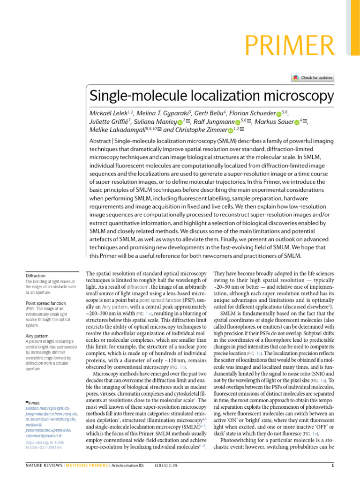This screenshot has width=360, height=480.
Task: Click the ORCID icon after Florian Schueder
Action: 279,114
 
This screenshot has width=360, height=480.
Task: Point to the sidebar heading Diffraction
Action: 35,276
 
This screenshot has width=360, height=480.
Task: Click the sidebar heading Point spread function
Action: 46,303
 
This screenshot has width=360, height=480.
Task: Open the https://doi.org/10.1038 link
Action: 44,442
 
